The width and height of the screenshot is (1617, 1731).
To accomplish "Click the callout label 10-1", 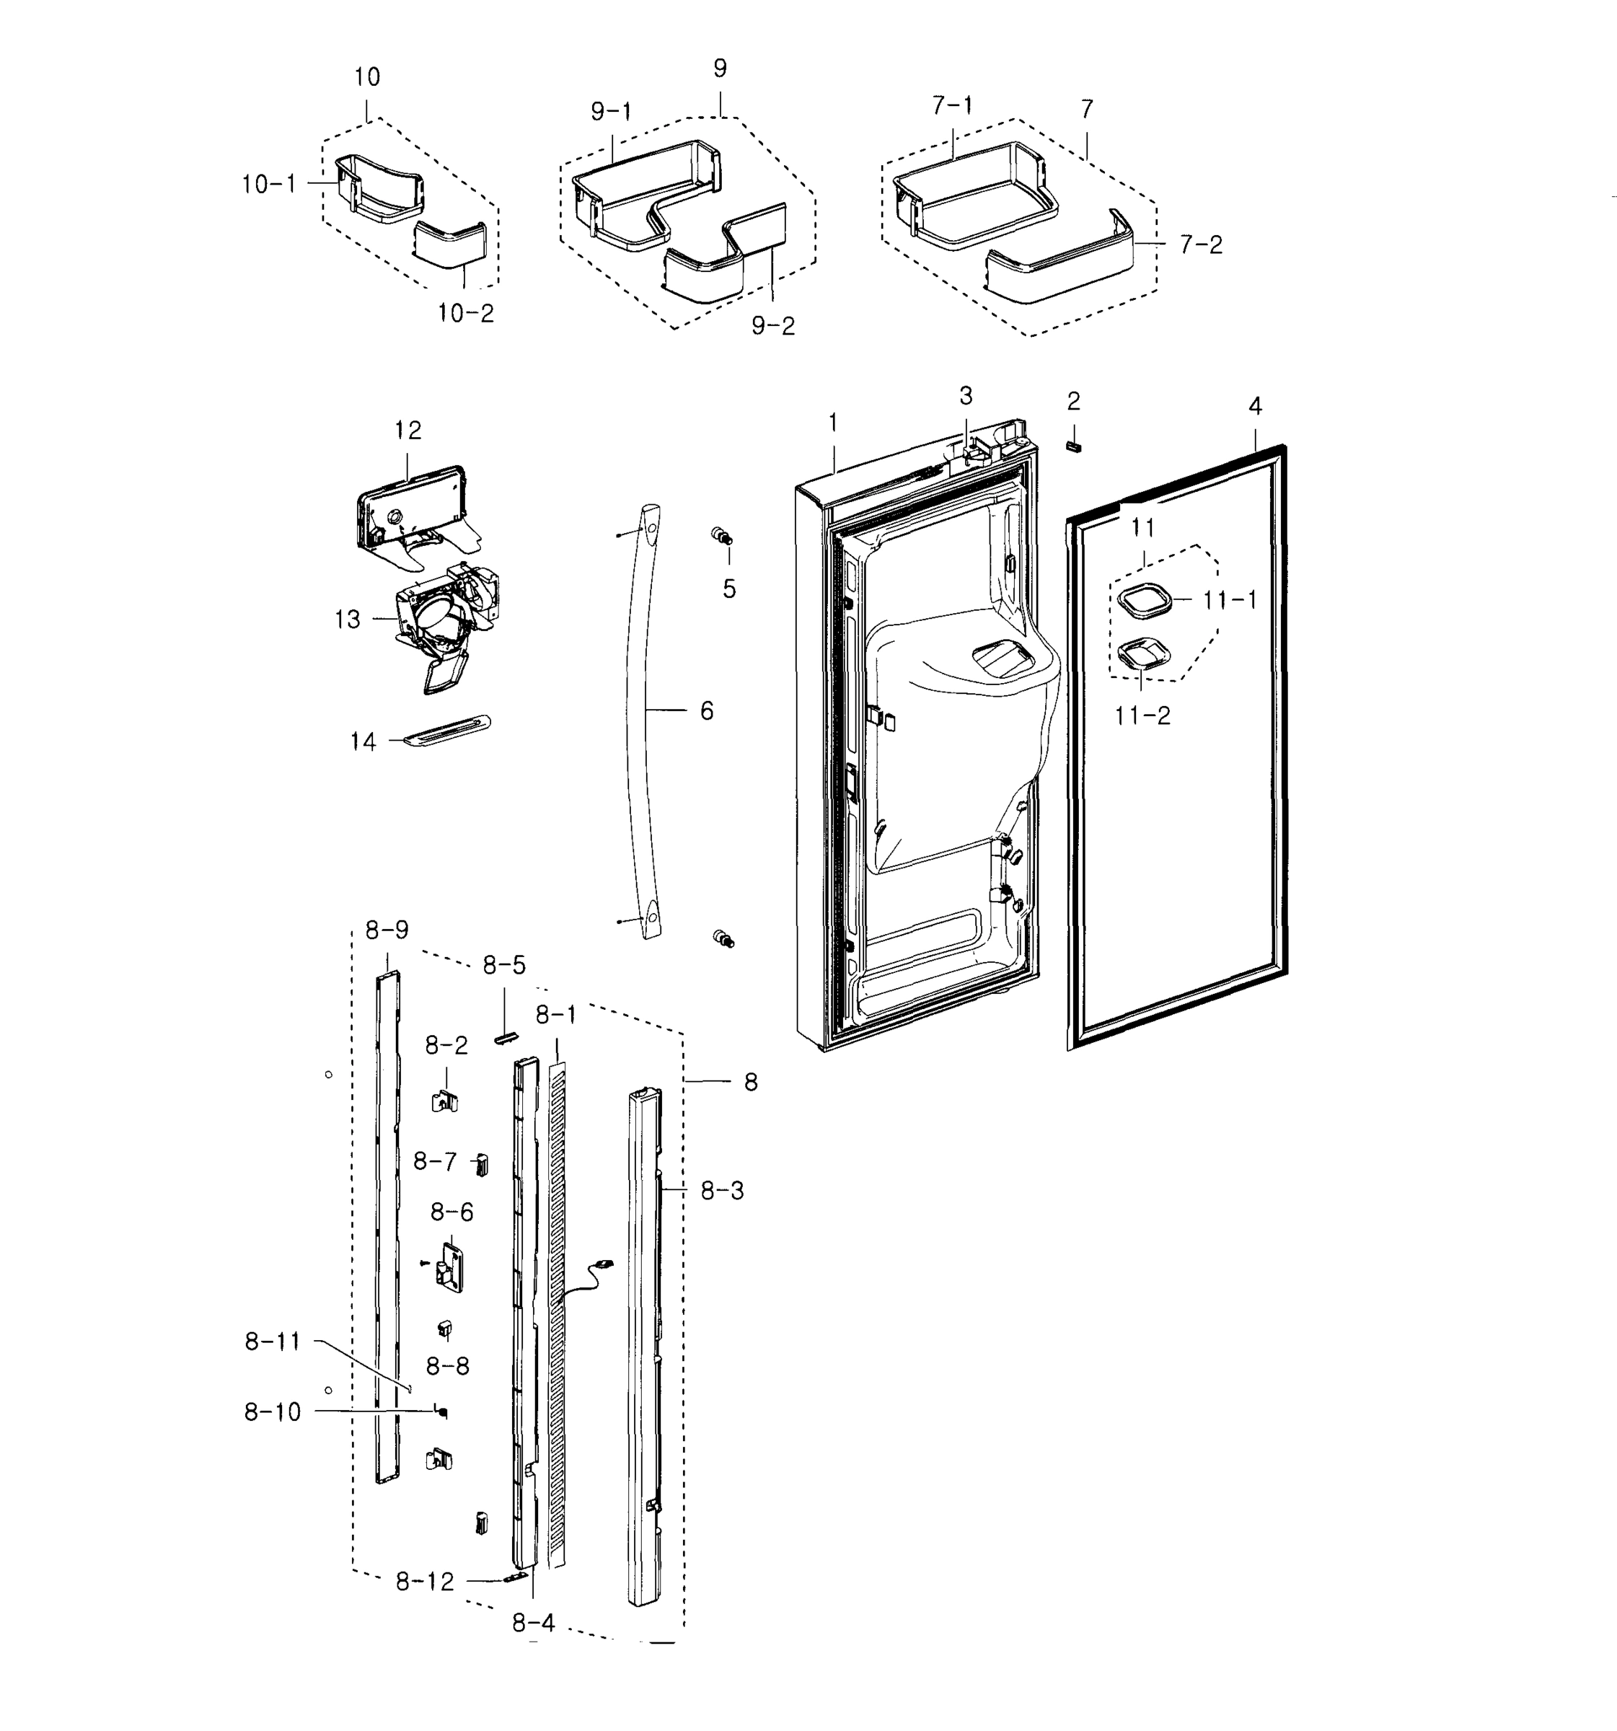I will tap(268, 184).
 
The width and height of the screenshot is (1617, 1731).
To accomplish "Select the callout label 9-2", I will tap(772, 326).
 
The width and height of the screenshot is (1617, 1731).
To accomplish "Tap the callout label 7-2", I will tap(1201, 245).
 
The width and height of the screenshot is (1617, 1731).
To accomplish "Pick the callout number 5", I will tap(729, 589).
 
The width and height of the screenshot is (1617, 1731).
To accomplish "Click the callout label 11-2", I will tap(1142, 715).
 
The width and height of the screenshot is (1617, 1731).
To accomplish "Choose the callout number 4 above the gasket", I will tap(1255, 406).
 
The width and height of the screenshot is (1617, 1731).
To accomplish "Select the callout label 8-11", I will tap(272, 1342).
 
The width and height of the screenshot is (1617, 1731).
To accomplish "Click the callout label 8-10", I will tap(272, 1411).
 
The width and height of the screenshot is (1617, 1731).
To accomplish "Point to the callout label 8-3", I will tap(722, 1190).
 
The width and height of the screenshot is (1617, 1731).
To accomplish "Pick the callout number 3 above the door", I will tap(966, 395).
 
